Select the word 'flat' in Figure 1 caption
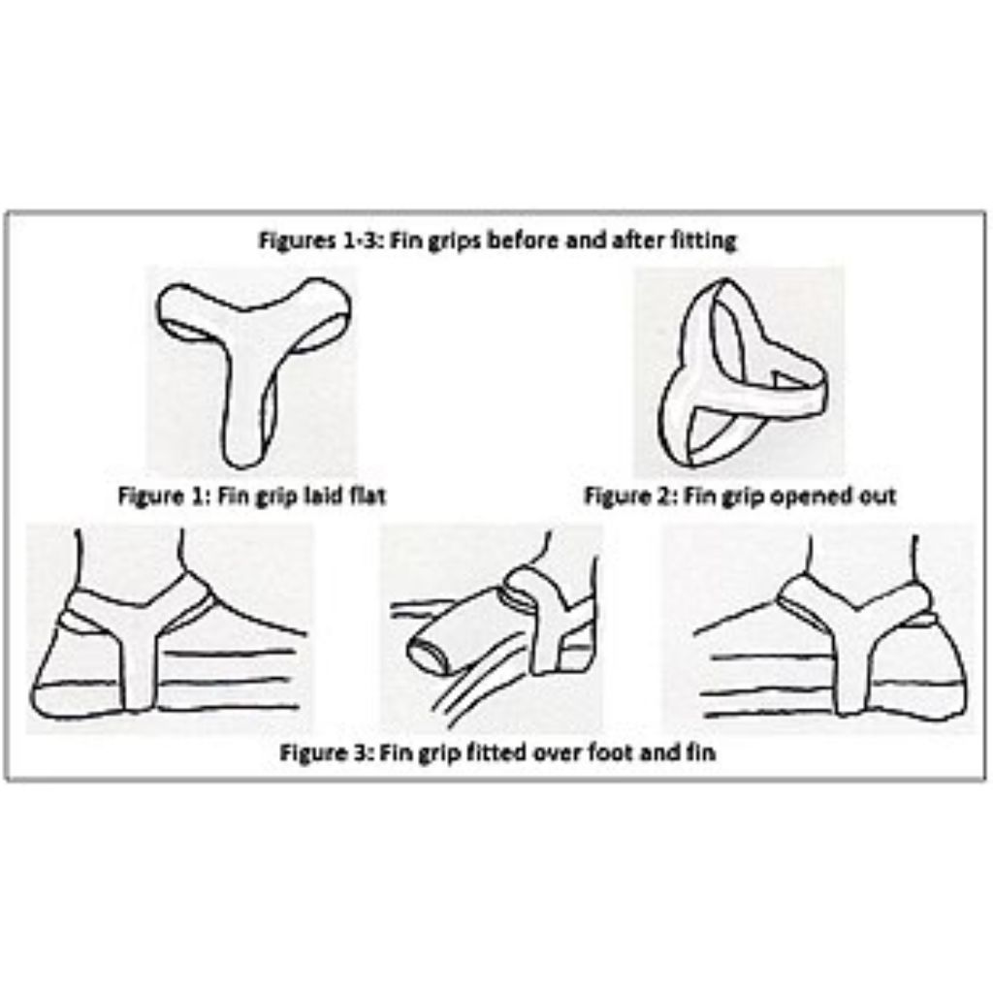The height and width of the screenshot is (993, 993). [368, 496]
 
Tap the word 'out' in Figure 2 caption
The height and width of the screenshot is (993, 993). [877, 496]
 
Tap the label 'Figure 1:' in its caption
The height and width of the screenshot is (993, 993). [162, 496]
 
